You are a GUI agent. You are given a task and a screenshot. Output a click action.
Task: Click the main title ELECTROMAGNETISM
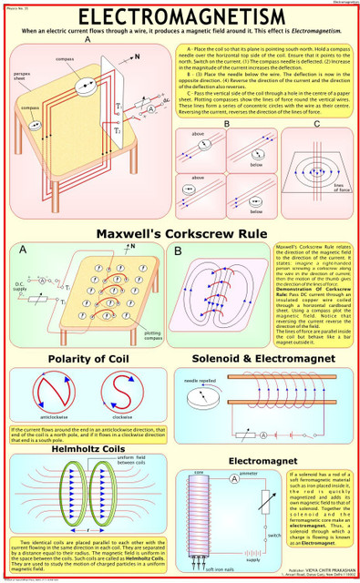[x=180, y=17]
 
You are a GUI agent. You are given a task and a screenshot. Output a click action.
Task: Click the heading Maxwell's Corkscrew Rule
[x=180, y=232]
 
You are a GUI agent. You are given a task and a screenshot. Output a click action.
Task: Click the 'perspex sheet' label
[x=23, y=72]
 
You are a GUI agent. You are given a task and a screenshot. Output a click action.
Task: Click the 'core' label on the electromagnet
[x=199, y=473]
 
